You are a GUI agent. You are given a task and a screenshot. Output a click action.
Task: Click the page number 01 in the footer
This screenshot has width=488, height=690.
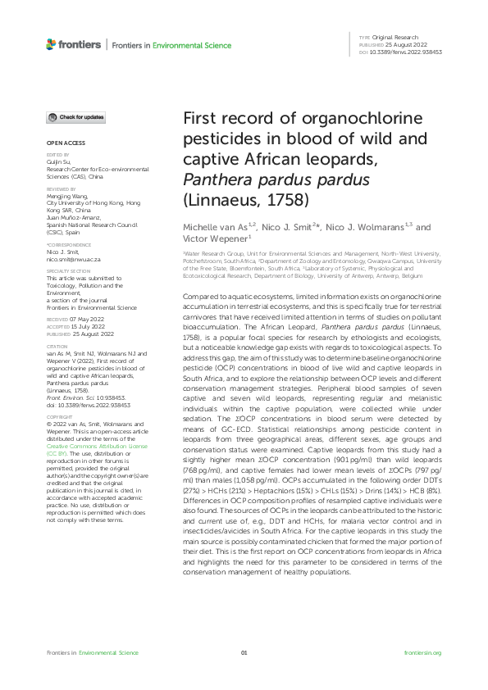click(244, 652)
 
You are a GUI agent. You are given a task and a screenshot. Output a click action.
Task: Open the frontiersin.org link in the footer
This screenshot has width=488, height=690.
click(423, 652)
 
